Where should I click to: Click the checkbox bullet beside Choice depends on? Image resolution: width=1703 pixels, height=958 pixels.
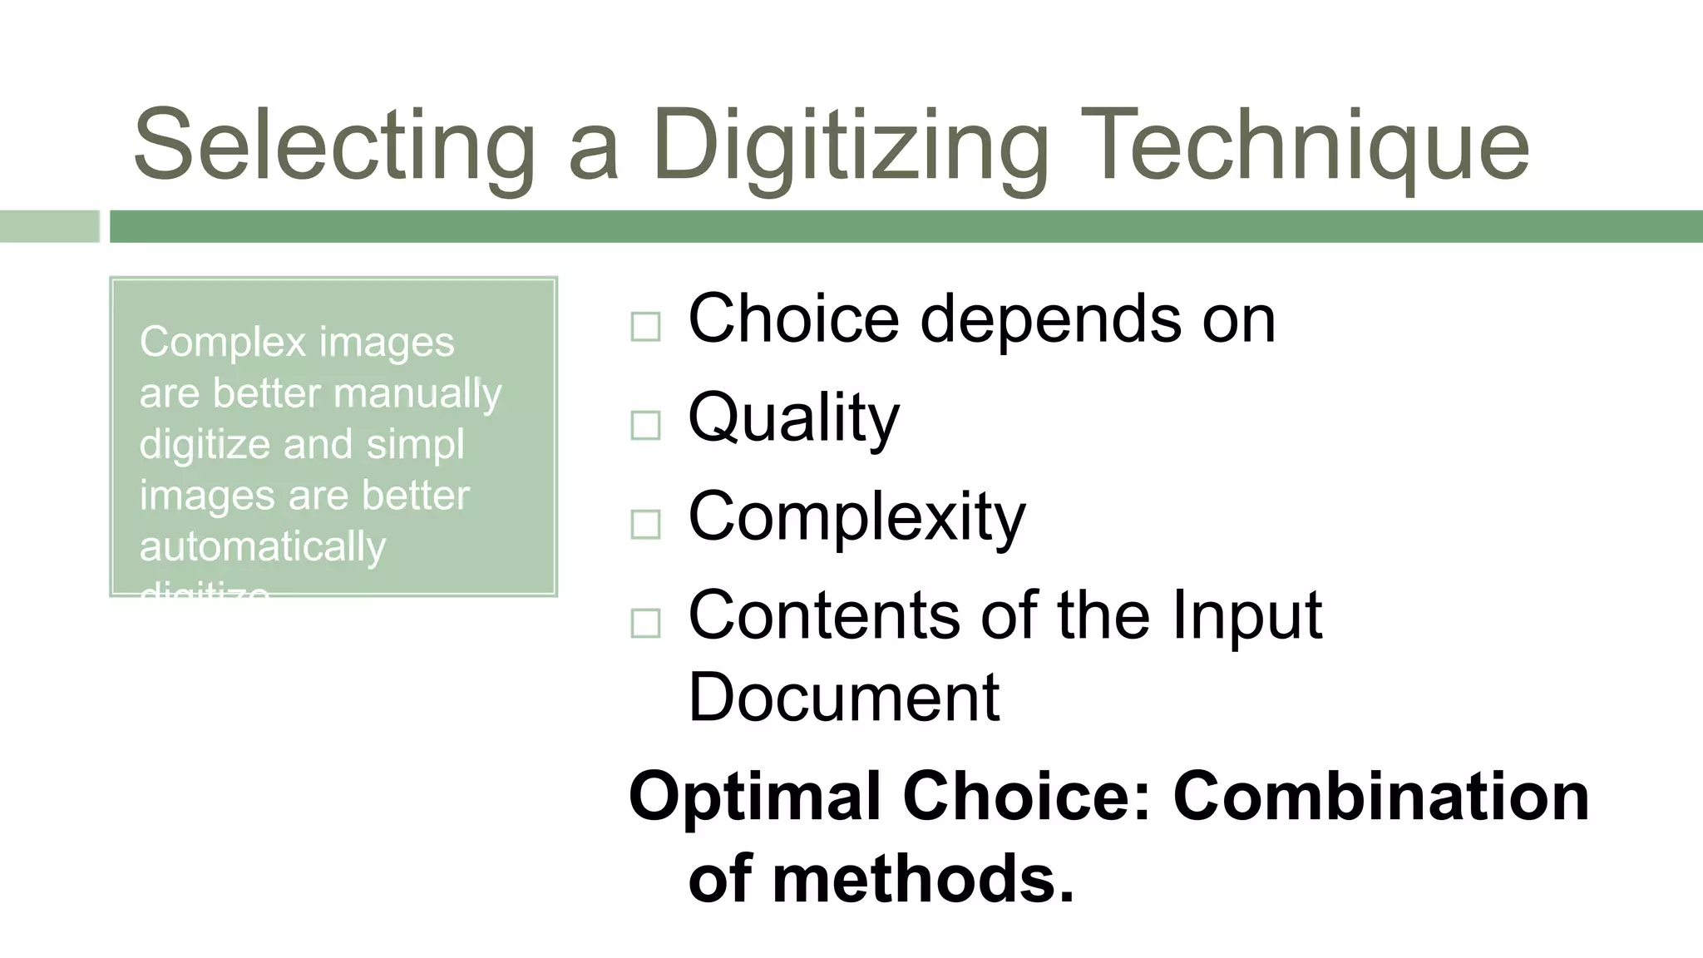pos(645,327)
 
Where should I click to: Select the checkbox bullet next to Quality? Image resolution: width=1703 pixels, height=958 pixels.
pos(645,425)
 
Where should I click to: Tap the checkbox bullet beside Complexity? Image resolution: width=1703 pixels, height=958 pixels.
pos(645,524)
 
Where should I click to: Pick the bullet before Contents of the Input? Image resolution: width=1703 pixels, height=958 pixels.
pos(645,623)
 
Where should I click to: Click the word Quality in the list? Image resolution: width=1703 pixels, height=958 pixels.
pos(793,418)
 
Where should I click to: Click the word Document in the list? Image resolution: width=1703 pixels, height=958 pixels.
pos(843,697)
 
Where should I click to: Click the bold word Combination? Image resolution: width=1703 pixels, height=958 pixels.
pos(1380,797)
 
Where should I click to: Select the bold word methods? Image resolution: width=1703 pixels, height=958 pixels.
pos(923,879)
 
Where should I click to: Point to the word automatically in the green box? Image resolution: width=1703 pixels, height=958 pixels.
pos(263,547)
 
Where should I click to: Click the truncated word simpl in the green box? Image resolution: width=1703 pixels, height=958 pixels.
pos(415,445)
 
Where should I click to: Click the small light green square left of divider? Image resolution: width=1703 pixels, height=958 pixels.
pos(49,226)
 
